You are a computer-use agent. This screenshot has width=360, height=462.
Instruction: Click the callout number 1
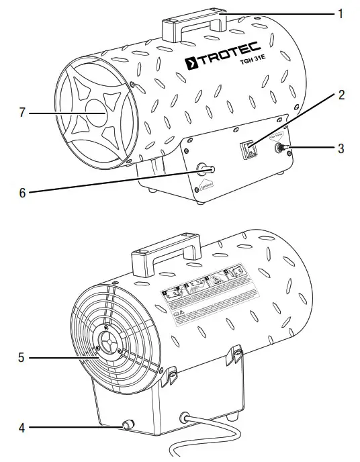(x=341, y=13)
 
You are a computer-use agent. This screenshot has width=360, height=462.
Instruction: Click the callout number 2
(x=341, y=95)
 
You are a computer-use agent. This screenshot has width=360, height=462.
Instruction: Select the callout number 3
(x=341, y=148)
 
